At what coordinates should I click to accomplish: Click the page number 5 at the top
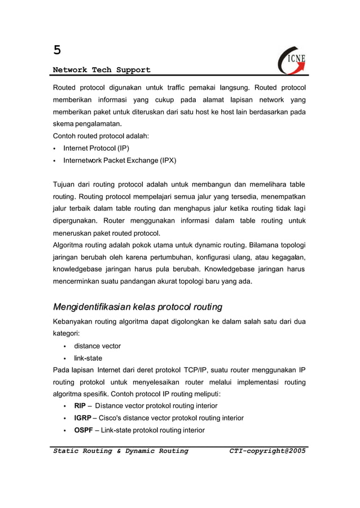[57, 50]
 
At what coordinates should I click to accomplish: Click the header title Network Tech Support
[102, 70]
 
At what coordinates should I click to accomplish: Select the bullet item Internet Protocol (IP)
[96, 148]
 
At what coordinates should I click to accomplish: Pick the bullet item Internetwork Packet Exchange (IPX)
[120, 161]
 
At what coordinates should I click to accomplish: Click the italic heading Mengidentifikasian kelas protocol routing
[137, 307]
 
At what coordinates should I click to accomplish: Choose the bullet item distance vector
[97, 346]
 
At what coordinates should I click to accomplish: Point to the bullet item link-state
[88, 358]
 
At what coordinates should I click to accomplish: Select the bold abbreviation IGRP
[83, 418]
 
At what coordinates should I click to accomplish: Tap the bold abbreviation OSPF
[84, 430]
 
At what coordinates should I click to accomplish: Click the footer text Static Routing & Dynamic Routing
[120, 451]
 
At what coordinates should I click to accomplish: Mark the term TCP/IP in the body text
[197, 370]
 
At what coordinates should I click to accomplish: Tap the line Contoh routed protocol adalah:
[100, 136]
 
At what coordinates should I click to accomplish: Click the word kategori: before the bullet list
[67, 334]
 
